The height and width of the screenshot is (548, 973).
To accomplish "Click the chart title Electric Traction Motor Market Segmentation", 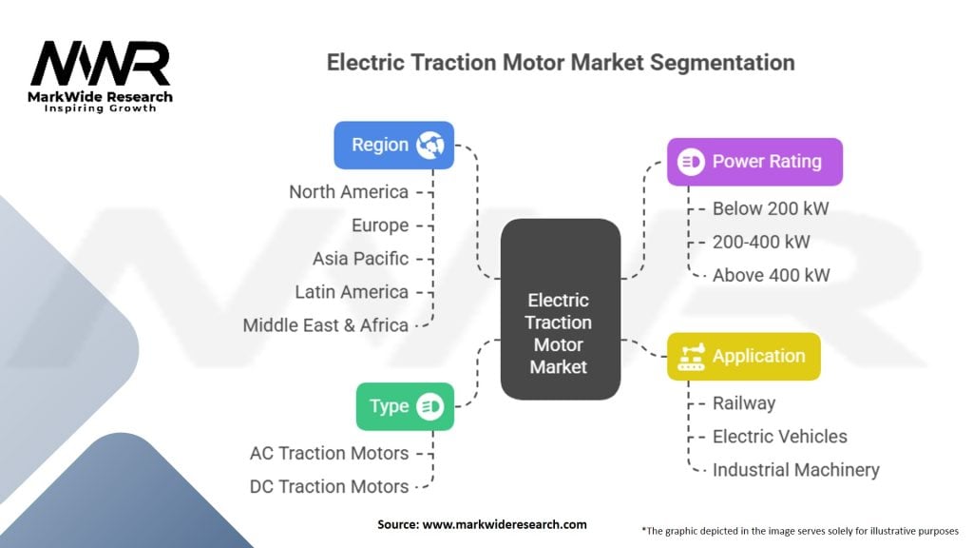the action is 561,63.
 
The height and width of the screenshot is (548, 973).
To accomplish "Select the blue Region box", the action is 393,145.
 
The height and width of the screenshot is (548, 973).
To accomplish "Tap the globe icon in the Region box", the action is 430,145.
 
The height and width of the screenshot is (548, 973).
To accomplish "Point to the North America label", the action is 349,192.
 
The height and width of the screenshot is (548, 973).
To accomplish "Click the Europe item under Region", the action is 380,225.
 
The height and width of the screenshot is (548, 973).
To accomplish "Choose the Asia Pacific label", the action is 360,259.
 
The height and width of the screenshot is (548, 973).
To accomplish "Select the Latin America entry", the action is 351,292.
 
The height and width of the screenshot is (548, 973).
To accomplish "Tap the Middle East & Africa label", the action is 325,325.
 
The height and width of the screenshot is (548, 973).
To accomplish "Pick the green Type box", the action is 405,406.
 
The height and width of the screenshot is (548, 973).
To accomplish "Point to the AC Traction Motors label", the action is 329,453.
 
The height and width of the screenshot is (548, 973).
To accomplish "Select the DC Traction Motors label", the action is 329,486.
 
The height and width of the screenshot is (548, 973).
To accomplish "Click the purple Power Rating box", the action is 754,162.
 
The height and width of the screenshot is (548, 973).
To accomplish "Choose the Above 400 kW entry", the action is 772,275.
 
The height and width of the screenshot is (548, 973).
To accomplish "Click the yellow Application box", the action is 743,357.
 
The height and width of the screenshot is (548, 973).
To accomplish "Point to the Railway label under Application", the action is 744,403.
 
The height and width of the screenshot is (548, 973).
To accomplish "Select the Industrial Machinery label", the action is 796,470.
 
